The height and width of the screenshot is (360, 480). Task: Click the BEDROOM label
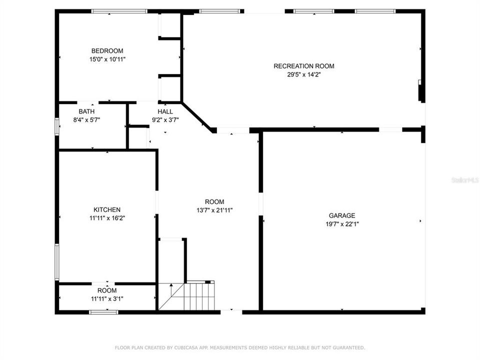click(107, 51)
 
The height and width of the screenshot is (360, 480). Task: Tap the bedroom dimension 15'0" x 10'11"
click(107, 59)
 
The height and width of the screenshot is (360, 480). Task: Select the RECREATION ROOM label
click(303, 66)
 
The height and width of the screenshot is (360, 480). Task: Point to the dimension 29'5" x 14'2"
click(303, 74)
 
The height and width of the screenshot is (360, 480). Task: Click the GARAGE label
click(342, 215)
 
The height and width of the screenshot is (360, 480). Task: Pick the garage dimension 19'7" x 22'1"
click(342, 224)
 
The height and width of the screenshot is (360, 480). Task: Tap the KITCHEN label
click(107, 209)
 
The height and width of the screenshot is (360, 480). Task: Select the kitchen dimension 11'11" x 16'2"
click(107, 218)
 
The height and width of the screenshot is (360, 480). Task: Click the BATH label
click(86, 111)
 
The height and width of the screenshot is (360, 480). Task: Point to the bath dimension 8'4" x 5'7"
click(86, 119)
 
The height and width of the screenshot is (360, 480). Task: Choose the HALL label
click(165, 111)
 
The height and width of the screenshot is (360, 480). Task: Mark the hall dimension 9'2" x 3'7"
click(165, 119)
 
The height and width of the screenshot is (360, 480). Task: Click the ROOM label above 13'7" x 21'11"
click(214, 201)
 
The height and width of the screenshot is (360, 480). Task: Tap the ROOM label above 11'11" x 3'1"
click(107, 290)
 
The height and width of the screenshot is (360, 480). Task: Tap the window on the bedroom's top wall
click(119, 11)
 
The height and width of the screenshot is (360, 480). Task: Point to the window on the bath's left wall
click(57, 125)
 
